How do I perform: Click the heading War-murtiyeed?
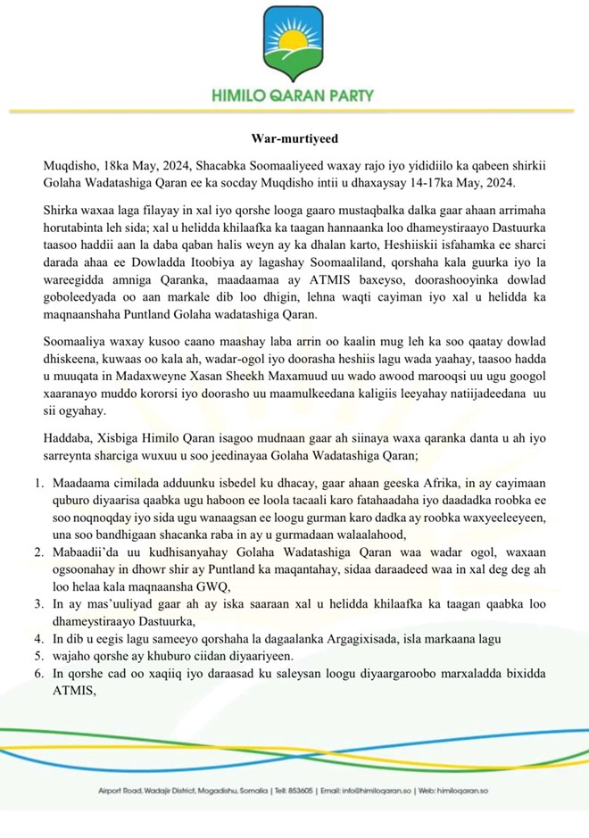[x=294, y=139]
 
